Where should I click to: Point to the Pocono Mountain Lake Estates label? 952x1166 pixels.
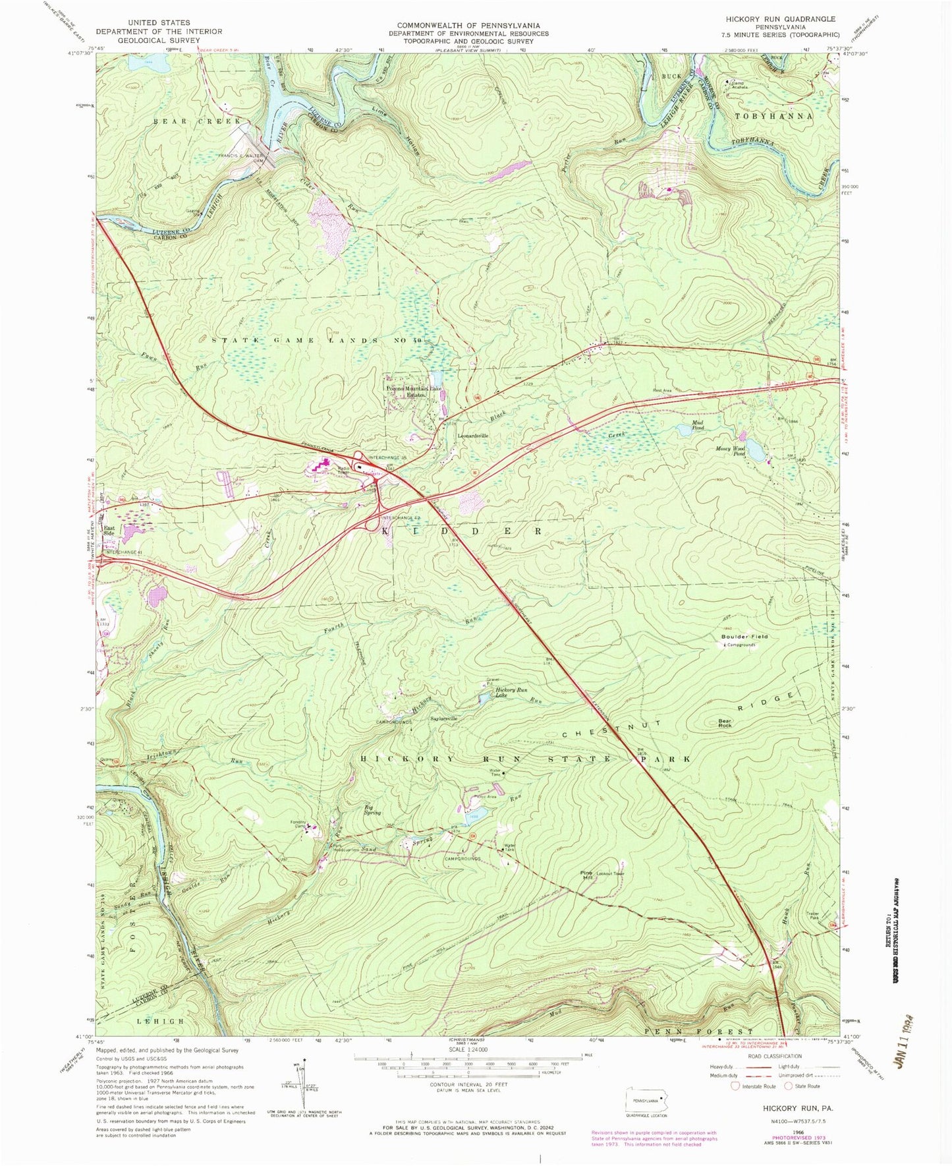[x=414, y=392]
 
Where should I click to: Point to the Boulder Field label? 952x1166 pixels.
[x=744, y=637]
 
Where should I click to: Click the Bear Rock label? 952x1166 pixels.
[x=725, y=723]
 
